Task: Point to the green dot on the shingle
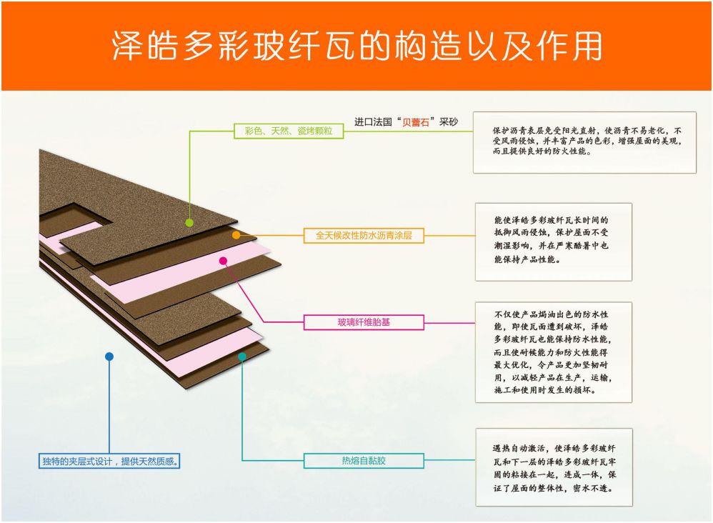point(189,222)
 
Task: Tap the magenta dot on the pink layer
point(223,261)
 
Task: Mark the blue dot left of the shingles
point(109,356)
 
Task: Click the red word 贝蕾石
point(415,122)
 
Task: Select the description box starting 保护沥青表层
point(584,141)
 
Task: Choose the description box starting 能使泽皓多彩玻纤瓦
point(553,241)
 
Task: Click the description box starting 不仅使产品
point(553,352)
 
